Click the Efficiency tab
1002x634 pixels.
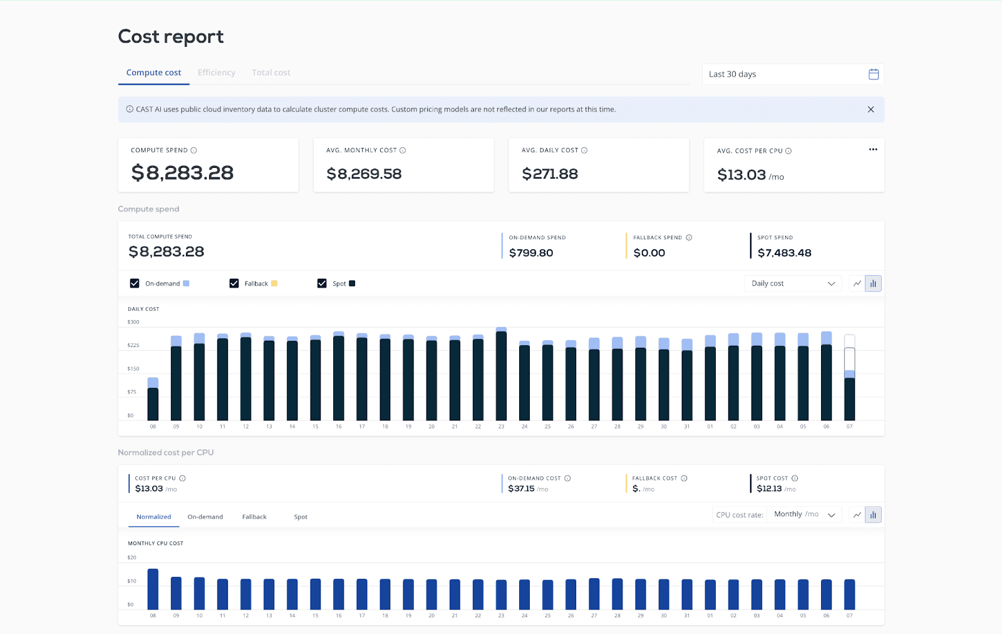[x=216, y=73]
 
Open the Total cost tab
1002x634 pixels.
[x=271, y=73]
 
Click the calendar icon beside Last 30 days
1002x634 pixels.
[x=874, y=74]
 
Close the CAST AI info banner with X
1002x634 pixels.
[x=870, y=110]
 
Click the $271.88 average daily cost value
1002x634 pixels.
[x=550, y=174]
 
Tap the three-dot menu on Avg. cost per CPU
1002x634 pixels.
[x=873, y=150]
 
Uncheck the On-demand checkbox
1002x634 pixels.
[x=135, y=283]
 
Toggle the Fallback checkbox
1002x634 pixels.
[x=234, y=283]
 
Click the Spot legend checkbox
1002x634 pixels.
[x=322, y=283]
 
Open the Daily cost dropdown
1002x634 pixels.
[x=793, y=284]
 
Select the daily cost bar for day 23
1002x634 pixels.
[x=501, y=375]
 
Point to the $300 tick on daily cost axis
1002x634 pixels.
[x=133, y=322]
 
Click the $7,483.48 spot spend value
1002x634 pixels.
[x=784, y=253]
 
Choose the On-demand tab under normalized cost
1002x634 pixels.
[x=205, y=517]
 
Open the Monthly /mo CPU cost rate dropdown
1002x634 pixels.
[x=804, y=514]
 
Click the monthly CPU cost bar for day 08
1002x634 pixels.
[x=153, y=589]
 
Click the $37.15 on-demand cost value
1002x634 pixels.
[x=521, y=489]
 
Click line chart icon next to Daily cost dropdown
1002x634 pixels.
[x=857, y=284]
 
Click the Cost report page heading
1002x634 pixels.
[x=170, y=37]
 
